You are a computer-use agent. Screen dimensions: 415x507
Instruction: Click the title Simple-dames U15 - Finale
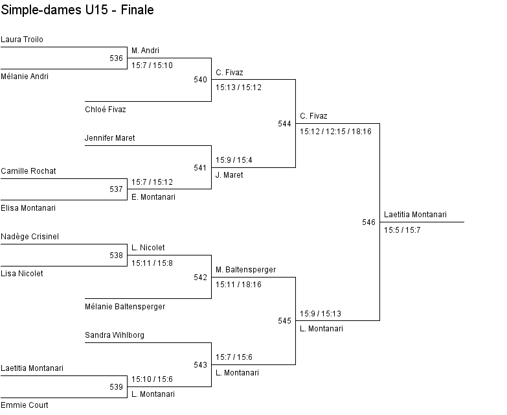[x=77, y=10]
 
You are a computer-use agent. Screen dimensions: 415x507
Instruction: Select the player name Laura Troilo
[x=22, y=40]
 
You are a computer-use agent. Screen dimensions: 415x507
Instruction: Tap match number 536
[x=116, y=58]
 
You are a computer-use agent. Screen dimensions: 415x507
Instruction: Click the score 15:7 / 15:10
[x=152, y=65]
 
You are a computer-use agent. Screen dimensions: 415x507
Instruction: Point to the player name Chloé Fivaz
[x=105, y=110]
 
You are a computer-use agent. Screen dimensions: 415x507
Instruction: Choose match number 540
[x=200, y=80]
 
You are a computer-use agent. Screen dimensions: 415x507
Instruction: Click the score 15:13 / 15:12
[x=238, y=88]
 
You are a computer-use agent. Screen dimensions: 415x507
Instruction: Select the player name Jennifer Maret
[x=109, y=138]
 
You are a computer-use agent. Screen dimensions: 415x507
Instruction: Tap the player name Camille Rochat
[x=28, y=171]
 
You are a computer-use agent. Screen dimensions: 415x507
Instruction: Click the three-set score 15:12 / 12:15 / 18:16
[x=335, y=132]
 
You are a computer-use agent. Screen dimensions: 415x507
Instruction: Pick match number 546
[x=368, y=222]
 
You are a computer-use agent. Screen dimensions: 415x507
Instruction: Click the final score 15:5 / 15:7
[x=402, y=230]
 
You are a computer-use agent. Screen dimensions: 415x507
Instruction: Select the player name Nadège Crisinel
[x=30, y=237]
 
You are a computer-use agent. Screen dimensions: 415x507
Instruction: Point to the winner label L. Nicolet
[x=148, y=248]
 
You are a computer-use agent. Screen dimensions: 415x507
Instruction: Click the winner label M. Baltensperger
[x=246, y=270]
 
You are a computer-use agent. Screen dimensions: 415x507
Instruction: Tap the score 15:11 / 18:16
[x=238, y=285]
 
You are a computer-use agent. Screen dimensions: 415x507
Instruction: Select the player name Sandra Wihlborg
[x=115, y=335]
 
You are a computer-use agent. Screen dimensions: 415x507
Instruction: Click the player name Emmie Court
[x=25, y=405]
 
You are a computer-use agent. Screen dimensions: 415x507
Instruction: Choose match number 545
[x=284, y=321]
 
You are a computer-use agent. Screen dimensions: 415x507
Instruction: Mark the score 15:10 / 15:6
[x=152, y=379]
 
